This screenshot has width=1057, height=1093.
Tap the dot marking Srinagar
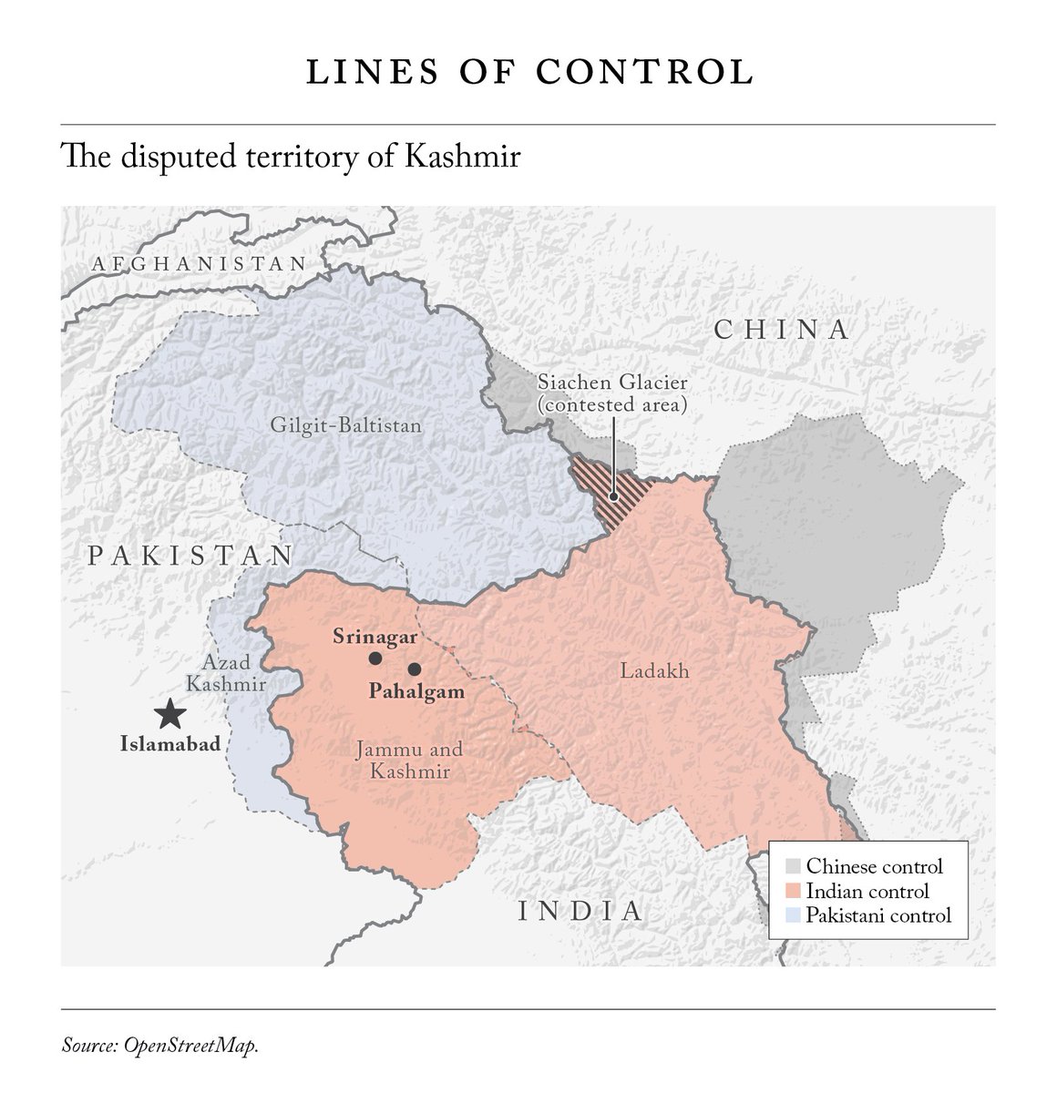375,659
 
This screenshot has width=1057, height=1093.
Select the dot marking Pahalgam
415,669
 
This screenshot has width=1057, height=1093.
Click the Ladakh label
654,672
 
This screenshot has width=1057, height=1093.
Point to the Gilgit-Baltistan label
346,425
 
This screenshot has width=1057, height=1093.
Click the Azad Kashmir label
227,674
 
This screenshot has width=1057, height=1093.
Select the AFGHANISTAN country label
199,264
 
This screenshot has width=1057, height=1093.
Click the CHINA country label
782,330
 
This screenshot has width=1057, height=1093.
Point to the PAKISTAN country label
190,556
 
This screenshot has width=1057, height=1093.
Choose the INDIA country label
580,911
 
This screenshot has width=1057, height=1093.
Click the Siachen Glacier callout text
611,393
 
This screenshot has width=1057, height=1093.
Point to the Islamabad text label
170,744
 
